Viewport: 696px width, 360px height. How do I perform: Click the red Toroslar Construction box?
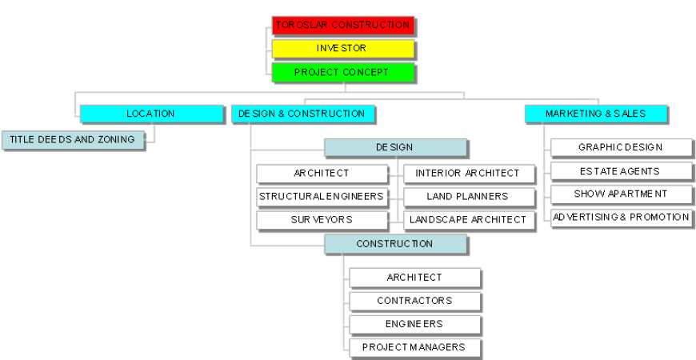[x=342, y=26]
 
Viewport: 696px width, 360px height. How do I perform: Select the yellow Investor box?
[x=342, y=49]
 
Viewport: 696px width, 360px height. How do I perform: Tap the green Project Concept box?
[x=342, y=73]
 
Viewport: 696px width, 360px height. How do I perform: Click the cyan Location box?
[x=151, y=114]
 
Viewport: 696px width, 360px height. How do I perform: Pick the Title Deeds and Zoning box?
[x=73, y=140]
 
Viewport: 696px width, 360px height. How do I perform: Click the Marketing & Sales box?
[x=596, y=114]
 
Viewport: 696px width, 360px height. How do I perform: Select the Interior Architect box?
[x=469, y=174]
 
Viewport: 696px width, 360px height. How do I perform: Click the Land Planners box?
[x=469, y=197]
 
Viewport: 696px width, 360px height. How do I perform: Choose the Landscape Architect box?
[x=469, y=220]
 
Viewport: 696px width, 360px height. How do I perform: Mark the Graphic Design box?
[x=622, y=148]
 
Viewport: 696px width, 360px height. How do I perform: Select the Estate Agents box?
[x=622, y=171]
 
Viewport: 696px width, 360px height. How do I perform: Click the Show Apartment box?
[x=622, y=194]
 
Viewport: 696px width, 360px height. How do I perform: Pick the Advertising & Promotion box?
[x=622, y=218]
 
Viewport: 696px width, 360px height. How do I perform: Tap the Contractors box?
[x=415, y=302]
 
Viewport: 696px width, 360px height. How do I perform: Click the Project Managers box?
[x=415, y=348]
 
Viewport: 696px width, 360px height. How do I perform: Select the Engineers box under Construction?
[x=415, y=325]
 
